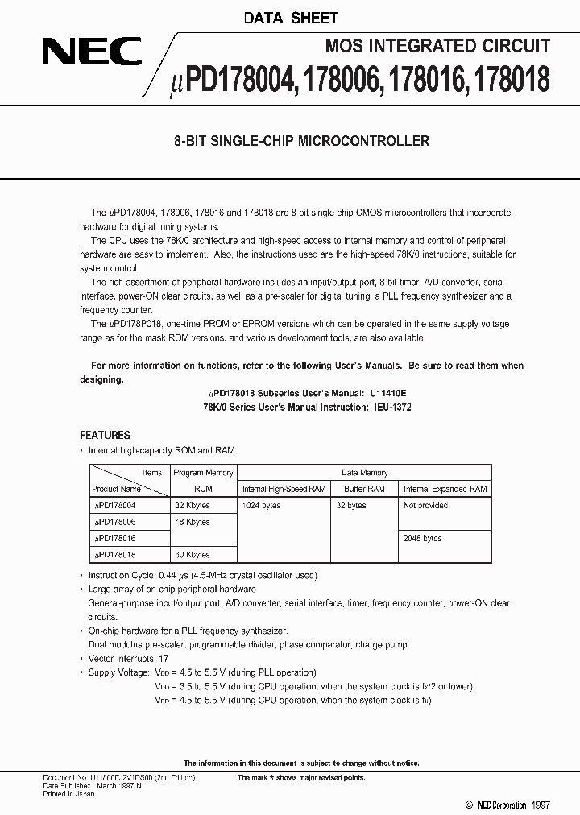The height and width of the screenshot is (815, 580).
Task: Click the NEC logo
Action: coord(93,54)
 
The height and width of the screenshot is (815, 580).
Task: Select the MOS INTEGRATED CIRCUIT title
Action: coord(437,47)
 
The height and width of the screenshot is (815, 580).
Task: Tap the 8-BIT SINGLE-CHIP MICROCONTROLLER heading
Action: coord(301,141)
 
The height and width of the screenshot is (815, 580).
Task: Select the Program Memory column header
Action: coord(203,473)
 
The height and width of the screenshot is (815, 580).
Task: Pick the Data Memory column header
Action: coord(364,473)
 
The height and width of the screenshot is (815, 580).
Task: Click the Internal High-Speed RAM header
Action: coord(284,489)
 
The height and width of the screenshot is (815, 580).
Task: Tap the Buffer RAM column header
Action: coord(365,489)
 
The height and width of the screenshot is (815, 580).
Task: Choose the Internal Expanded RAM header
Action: coord(445,489)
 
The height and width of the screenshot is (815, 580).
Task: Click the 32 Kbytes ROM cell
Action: coord(192,506)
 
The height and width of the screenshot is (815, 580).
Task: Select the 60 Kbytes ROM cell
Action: coord(192,555)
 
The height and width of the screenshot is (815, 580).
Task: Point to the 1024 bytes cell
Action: coord(263,506)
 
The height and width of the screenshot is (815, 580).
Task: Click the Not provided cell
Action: coord(425,506)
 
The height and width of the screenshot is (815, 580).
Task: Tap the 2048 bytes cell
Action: coord(421,538)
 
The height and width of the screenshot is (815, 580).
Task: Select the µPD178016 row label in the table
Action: coord(115,538)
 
